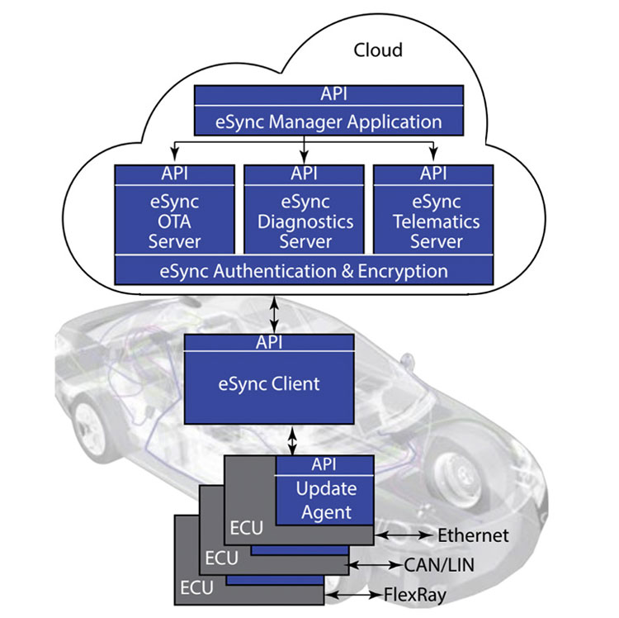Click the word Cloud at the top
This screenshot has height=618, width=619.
378,50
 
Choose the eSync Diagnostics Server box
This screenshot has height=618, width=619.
305,221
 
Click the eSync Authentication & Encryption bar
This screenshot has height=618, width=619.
305,271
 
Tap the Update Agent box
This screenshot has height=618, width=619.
324,500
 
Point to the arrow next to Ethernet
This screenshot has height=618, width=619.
404,535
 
